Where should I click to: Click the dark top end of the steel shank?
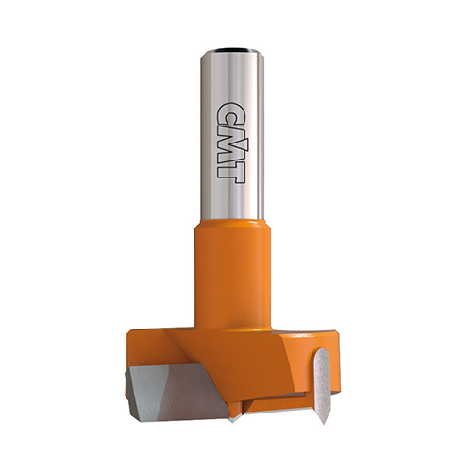point(232,50)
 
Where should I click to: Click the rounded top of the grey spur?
point(322,352)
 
